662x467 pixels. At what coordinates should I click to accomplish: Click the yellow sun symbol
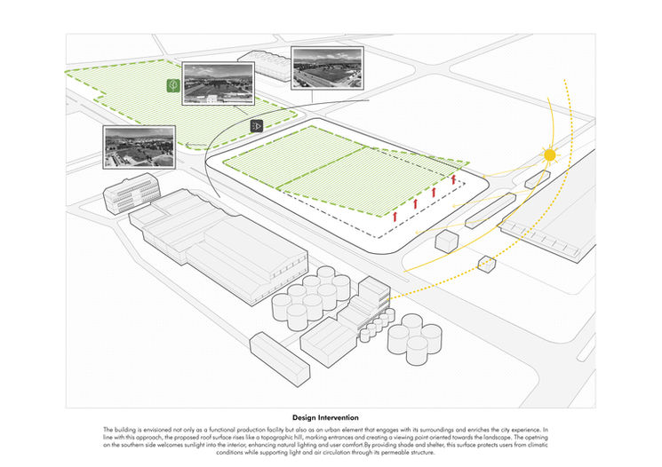pos(549,155)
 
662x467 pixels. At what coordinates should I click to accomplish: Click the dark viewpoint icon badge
pos(257,126)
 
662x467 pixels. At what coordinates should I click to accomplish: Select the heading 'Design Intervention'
pos(331,416)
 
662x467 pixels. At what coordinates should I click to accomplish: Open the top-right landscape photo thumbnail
pos(326,69)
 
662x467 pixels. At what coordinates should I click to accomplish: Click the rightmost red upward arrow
pos(453,180)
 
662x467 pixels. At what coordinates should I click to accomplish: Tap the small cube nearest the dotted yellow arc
pos(486,264)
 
